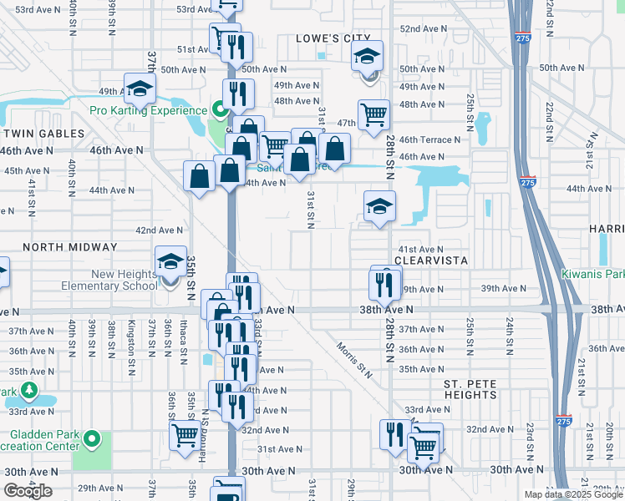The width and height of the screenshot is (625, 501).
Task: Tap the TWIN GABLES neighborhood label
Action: [x=43, y=134]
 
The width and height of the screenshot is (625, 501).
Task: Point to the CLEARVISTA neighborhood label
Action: [x=430, y=261]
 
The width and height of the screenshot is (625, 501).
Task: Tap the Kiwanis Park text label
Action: [x=592, y=274]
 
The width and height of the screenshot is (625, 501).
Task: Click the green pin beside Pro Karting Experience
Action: [x=220, y=110]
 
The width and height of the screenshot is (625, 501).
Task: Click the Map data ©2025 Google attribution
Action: [x=573, y=494]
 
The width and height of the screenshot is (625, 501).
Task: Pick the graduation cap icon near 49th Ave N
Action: [x=140, y=88]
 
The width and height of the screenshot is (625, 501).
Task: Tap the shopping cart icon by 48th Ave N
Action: [x=373, y=113]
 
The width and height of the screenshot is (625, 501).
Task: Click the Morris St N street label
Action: [x=354, y=359]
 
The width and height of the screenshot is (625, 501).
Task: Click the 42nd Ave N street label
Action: [x=159, y=230]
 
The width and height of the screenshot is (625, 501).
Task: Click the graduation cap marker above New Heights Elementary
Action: [x=170, y=262]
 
